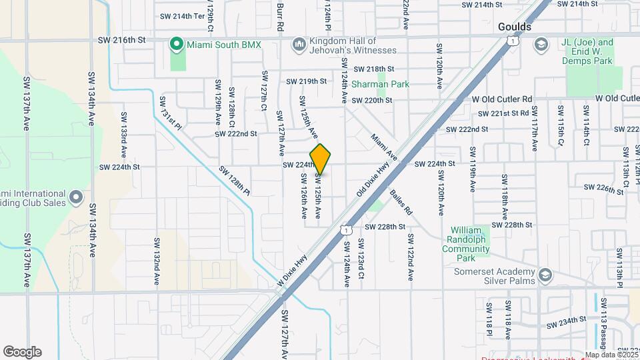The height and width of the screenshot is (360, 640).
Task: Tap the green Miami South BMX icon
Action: click(177, 45)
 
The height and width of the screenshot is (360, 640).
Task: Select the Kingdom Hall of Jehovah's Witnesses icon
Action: click(299, 45)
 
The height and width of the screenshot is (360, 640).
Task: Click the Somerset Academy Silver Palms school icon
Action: click(546, 275)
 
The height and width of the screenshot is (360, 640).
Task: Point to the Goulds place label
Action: click(515, 27)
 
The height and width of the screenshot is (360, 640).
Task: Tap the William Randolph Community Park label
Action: click(465, 239)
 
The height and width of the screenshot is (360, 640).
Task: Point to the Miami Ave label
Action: click(385, 147)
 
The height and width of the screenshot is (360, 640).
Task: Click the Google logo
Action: click(22, 352)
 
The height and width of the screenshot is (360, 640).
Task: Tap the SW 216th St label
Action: click(121, 40)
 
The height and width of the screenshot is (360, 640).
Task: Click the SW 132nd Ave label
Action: click(157, 261)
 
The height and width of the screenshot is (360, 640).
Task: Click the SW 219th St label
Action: click(307, 81)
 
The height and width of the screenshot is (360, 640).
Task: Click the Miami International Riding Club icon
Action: click(77, 197)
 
